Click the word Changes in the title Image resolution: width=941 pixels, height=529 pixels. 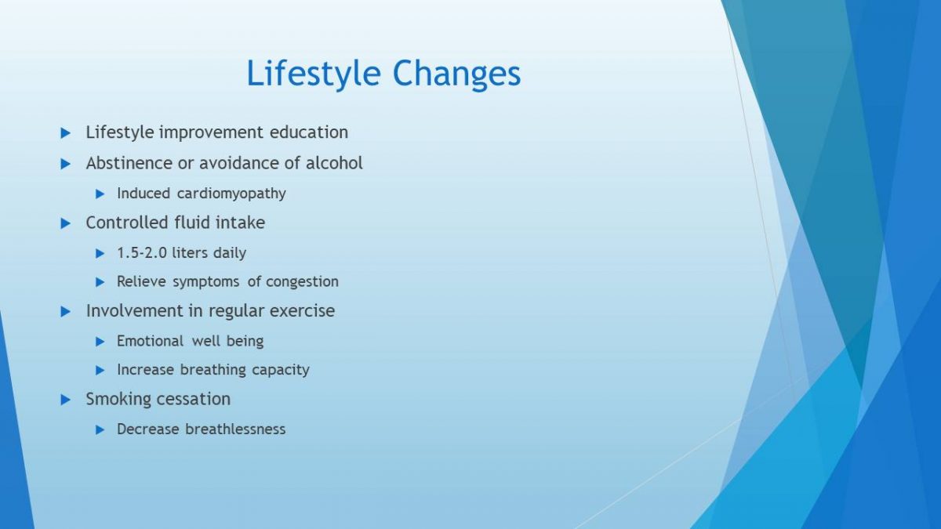point(456,74)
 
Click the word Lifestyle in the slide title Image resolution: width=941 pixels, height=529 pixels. point(314,74)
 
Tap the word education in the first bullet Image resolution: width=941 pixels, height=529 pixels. point(309,132)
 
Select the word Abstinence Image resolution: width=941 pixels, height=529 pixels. point(129,163)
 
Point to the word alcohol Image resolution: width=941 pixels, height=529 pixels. point(334,163)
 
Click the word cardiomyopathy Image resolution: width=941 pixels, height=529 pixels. point(231,194)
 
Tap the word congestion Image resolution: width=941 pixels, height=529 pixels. point(302,281)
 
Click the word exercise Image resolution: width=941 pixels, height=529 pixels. point(302,311)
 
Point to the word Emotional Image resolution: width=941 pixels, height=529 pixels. point(150,341)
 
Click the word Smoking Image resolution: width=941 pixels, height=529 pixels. point(118,399)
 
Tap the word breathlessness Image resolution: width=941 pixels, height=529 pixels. point(235,429)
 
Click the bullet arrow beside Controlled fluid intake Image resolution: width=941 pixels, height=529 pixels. point(66,223)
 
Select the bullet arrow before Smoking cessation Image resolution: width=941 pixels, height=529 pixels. point(66,400)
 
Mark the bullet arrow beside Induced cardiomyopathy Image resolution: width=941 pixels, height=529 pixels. point(100,194)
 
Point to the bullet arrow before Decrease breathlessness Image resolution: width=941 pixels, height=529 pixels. point(100,429)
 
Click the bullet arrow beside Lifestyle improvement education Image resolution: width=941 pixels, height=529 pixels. point(66,133)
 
